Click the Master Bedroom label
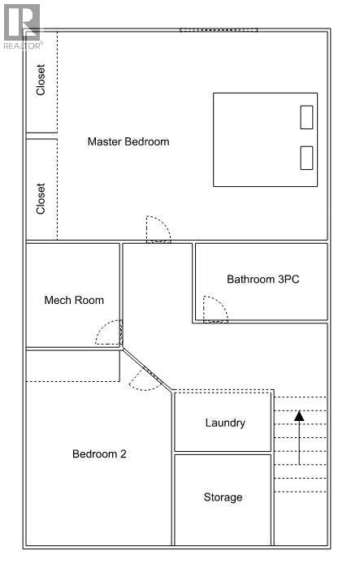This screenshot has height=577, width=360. (128, 141)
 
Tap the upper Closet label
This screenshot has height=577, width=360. (41, 80)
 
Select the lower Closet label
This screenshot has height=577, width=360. (41, 199)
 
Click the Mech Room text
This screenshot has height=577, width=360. (74, 300)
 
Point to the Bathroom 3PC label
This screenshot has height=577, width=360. (262, 280)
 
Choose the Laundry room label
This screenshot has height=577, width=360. (225, 423)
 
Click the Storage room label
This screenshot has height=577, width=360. (223, 497)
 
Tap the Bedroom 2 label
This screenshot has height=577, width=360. (99, 453)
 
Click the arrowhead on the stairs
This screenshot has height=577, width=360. (299, 416)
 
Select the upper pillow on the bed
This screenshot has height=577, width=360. (306, 117)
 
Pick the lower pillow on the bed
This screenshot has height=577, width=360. (306, 158)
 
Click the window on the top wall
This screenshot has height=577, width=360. (219, 30)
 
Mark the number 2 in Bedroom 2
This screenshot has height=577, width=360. (124, 453)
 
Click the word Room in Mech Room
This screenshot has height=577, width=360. (90, 300)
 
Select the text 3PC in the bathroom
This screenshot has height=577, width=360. (288, 280)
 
